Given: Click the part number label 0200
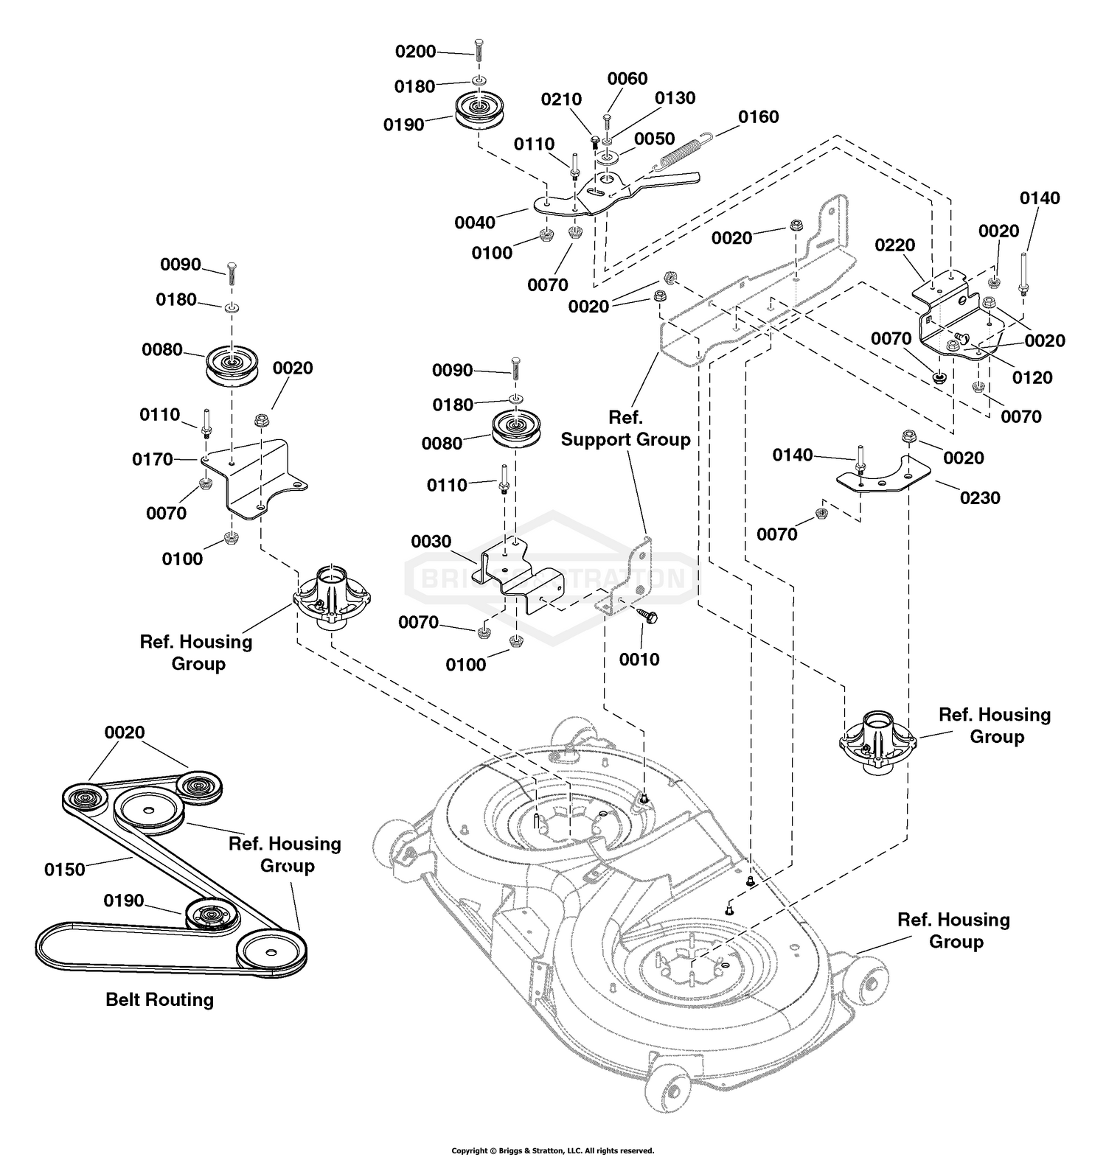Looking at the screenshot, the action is point(416,52).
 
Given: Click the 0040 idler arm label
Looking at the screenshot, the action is point(475,223).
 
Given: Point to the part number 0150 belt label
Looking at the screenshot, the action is point(65,870).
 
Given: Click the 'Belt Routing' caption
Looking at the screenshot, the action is point(160,1000).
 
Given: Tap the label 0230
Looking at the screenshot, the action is point(980,498).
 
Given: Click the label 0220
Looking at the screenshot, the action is point(895,245).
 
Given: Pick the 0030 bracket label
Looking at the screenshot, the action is point(431,542).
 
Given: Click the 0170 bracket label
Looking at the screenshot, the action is point(153,460).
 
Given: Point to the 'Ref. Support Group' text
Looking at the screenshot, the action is point(625,428).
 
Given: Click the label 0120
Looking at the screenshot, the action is point(1032,377).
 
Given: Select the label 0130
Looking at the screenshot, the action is point(675,98).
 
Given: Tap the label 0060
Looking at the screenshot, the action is point(627,79).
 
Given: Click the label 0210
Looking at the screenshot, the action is point(561,99).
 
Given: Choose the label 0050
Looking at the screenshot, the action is point(654,139).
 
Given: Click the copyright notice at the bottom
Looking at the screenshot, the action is point(552,1150).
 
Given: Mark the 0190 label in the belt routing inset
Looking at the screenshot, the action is point(124,901).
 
